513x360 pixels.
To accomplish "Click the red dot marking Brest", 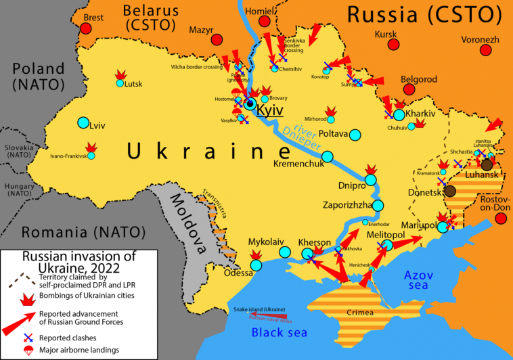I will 86,28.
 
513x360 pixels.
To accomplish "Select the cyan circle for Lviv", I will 83,123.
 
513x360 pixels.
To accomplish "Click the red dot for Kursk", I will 393,45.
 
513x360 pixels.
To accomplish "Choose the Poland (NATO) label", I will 38,76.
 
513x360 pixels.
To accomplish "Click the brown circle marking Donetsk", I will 450,192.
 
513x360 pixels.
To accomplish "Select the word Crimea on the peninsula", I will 359,313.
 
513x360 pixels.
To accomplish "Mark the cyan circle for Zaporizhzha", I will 378,205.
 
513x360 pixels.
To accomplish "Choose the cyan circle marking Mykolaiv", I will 285,252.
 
